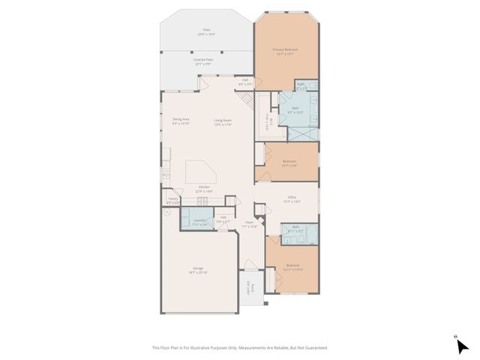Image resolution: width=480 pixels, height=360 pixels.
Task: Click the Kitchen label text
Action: click(204, 187)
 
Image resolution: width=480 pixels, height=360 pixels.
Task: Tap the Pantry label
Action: click(172, 199)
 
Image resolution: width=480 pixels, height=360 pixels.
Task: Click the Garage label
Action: click(199, 269)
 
